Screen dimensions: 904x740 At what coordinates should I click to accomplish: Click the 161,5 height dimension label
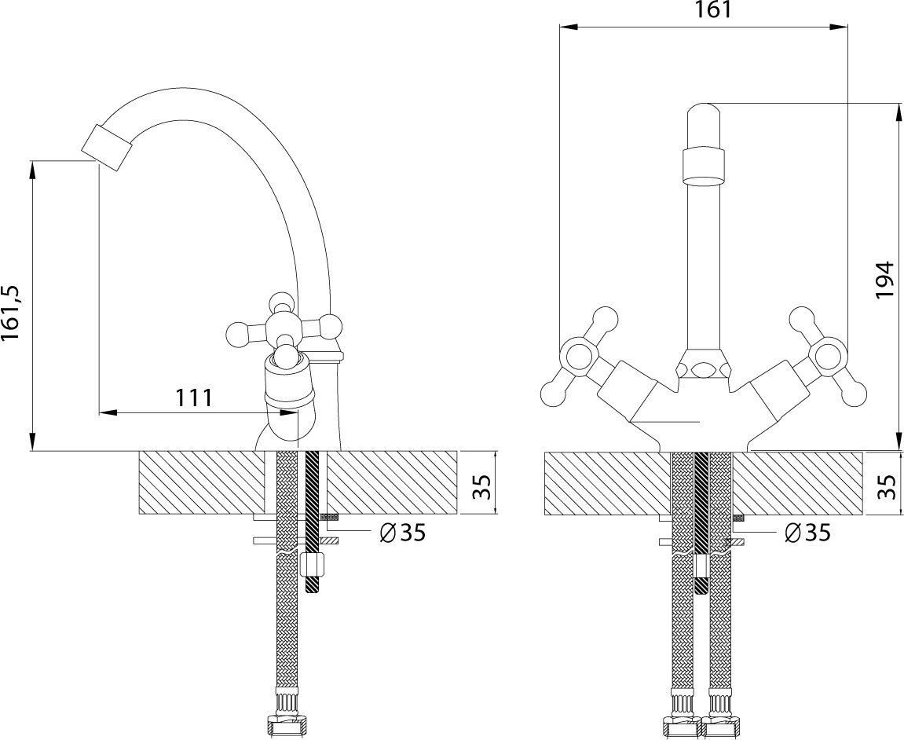pos(14,313)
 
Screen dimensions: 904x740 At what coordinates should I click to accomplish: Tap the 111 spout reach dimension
pos(192,397)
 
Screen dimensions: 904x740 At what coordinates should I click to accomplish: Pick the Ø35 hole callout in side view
pos(401,533)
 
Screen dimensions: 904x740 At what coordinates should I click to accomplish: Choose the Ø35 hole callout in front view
pos(807,533)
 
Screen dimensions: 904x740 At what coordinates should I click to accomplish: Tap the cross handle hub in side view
pos(281,328)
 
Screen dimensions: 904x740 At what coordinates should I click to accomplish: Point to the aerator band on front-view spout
pos(704,163)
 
